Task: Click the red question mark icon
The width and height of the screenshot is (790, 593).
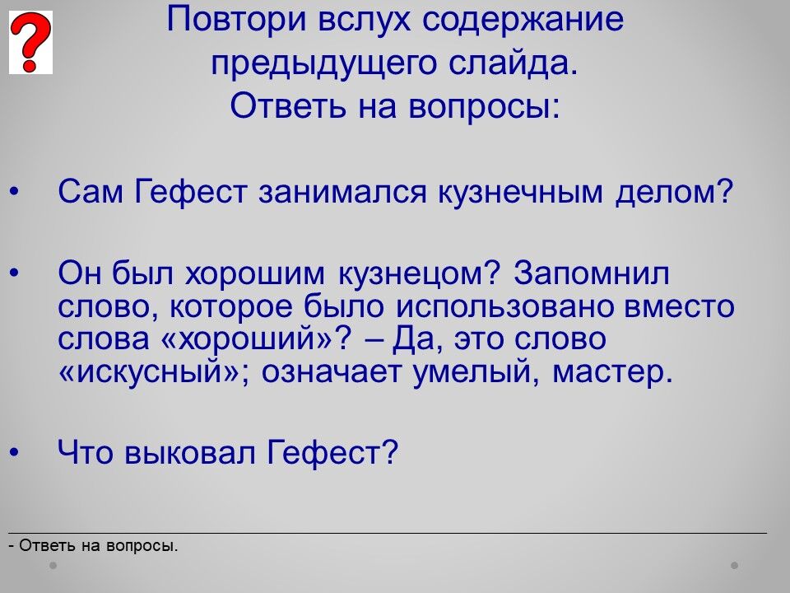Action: click(30, 42)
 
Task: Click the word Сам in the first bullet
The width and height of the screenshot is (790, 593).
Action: click(91, 192)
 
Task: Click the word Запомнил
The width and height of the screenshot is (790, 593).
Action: click(592, 274)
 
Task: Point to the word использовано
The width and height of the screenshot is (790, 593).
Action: click(504, 306)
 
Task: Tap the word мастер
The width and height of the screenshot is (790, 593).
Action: click(612, 373)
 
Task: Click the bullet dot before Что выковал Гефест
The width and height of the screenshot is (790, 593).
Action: click(14, 452)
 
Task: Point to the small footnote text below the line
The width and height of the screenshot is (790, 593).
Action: click(94, 545)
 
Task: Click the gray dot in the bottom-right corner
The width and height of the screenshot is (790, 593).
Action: click(735, 565)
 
